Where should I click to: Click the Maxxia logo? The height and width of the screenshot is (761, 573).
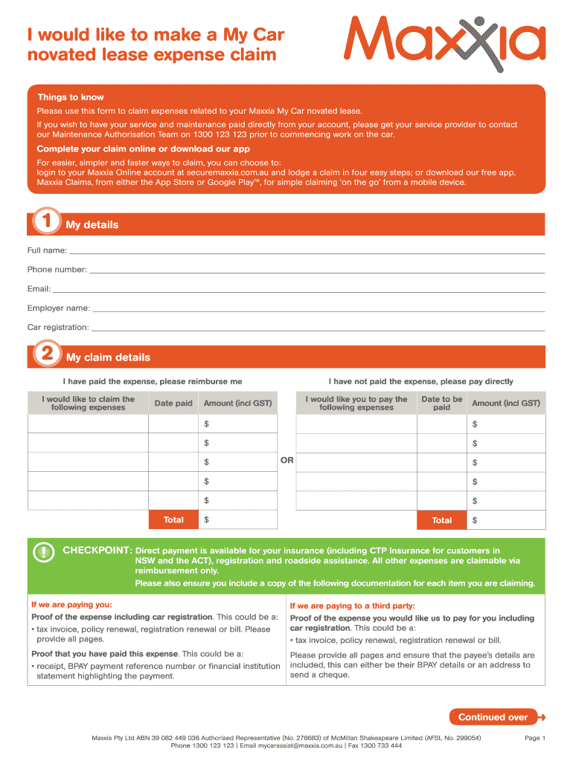tap(444, 43)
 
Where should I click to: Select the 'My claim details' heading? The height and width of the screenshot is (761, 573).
tap(108, 357)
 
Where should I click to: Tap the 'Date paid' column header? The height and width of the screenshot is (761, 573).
tap(173, 403)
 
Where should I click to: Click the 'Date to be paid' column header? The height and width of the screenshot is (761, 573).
tap(441, 403)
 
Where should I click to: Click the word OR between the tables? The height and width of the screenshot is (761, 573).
tap(286, 460)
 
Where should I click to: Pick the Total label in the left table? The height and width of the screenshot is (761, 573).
tap(173, 519)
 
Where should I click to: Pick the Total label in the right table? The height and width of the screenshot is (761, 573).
tap(441, 520)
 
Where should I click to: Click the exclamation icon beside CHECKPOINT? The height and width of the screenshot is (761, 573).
tap(45, 551)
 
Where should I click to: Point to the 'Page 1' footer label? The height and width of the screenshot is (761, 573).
tap(535, 738)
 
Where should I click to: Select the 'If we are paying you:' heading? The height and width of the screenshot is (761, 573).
tap(71, 605)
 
